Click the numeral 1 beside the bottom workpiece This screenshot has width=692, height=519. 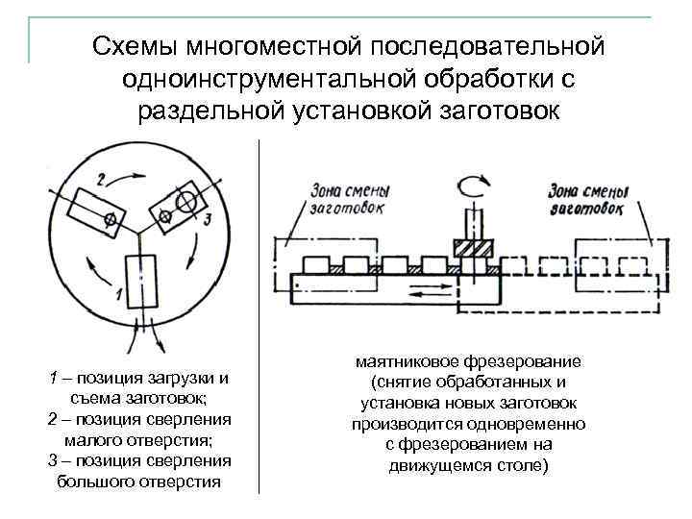(x=117, y=291)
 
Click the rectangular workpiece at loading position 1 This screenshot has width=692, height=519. (x=140, y=282)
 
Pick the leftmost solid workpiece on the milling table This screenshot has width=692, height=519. (x=316, y=264)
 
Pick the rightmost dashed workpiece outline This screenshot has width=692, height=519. (x=635, y=265)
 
